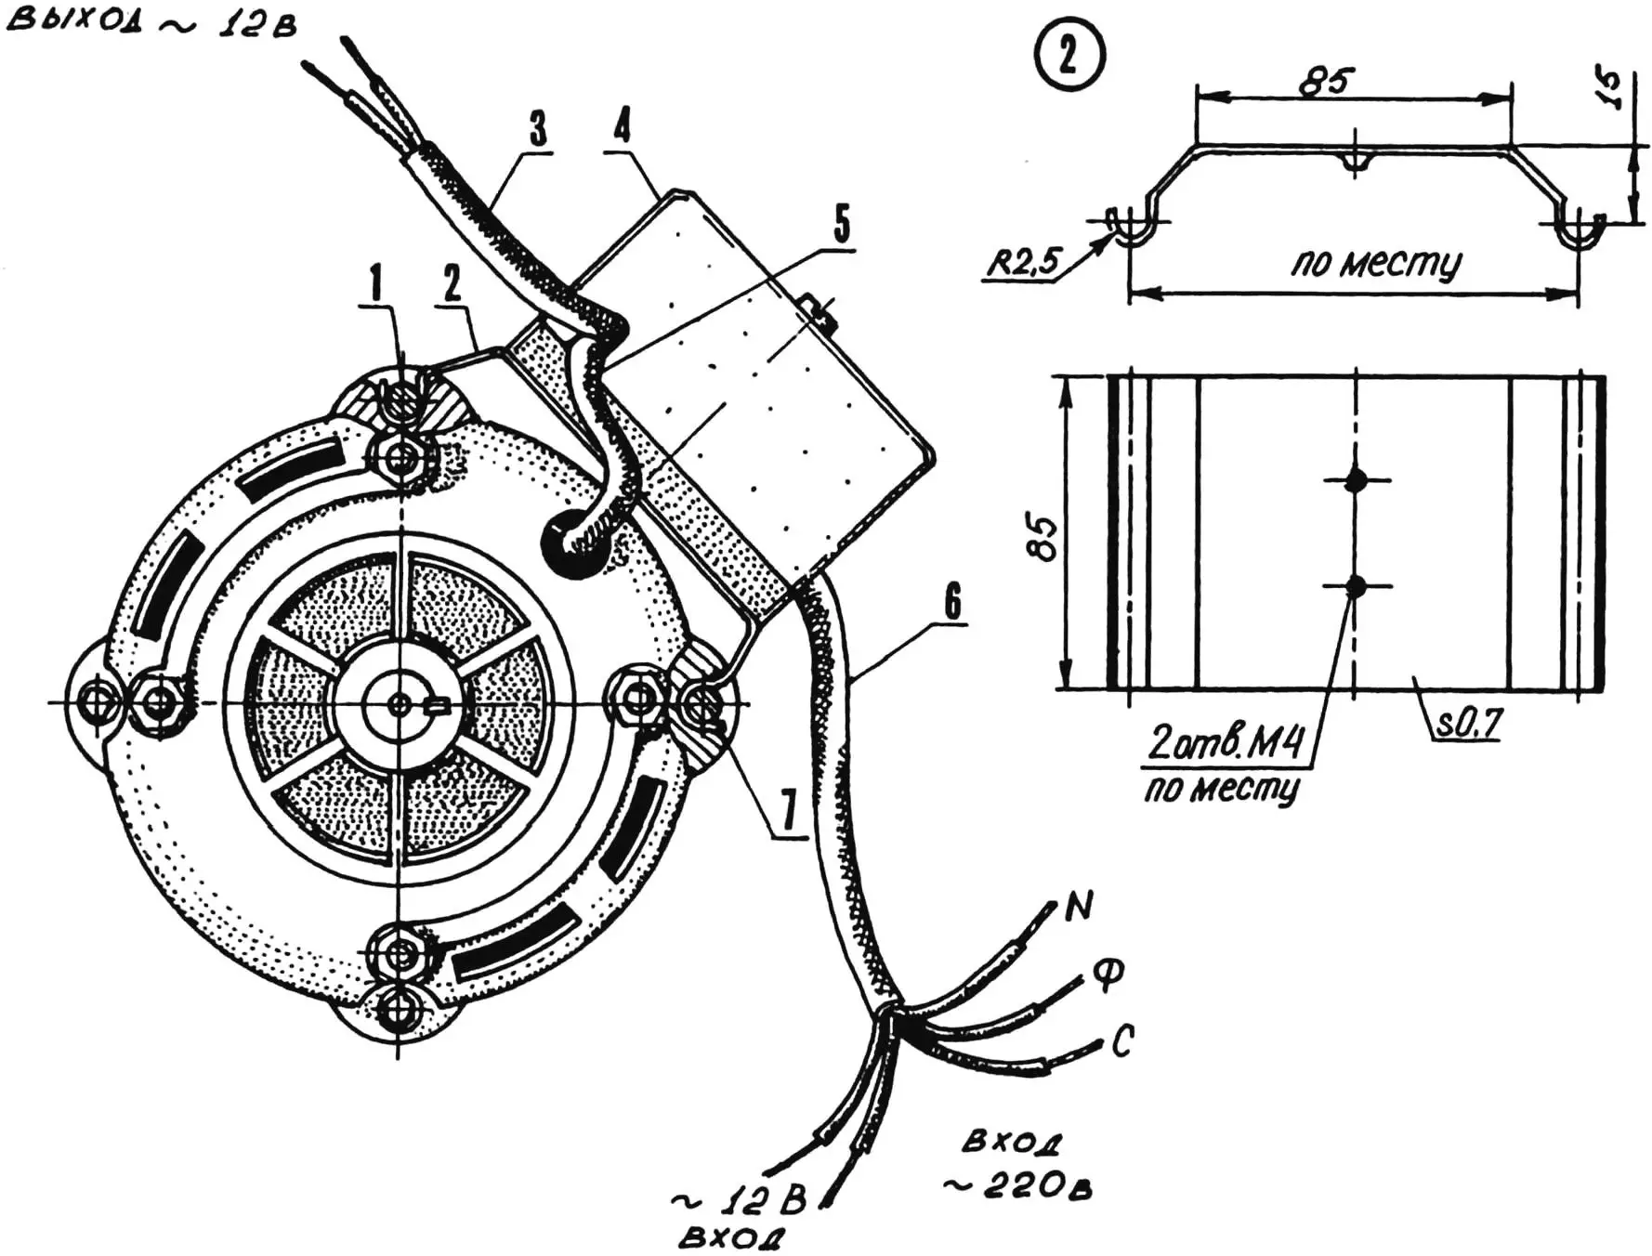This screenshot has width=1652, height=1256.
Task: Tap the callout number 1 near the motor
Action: [375, 284]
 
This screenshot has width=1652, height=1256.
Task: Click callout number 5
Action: [841, 224]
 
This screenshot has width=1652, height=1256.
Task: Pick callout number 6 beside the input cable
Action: [953, 602]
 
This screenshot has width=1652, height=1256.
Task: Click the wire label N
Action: [1078, 905]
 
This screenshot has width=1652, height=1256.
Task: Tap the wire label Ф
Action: [1108, 974]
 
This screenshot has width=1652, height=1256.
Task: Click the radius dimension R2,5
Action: [1022, 262]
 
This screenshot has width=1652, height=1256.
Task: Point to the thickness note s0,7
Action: [1468, 724]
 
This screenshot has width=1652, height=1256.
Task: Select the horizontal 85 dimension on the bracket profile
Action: [1326, 82]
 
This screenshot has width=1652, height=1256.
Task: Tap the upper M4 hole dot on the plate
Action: [1357, 480]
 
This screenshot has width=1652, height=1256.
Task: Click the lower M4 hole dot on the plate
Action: [1357, 586]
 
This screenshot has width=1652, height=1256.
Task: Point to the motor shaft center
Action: [400, 703]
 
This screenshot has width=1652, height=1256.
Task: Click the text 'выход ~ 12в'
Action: [151, 22]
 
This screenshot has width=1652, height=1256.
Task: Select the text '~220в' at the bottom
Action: [1017, 1186]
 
